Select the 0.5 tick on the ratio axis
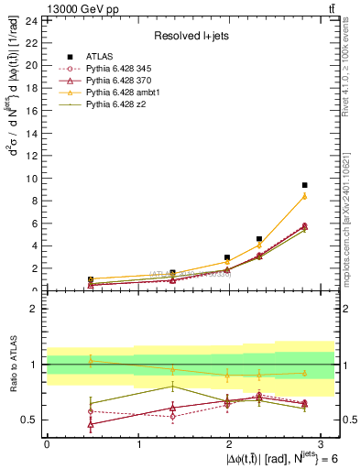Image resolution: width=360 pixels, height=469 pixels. [x=27, y=420]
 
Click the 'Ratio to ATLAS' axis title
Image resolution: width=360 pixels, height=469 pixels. [x=12, y=364]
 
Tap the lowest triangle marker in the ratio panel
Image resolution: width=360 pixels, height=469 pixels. [x=91, y=424]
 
